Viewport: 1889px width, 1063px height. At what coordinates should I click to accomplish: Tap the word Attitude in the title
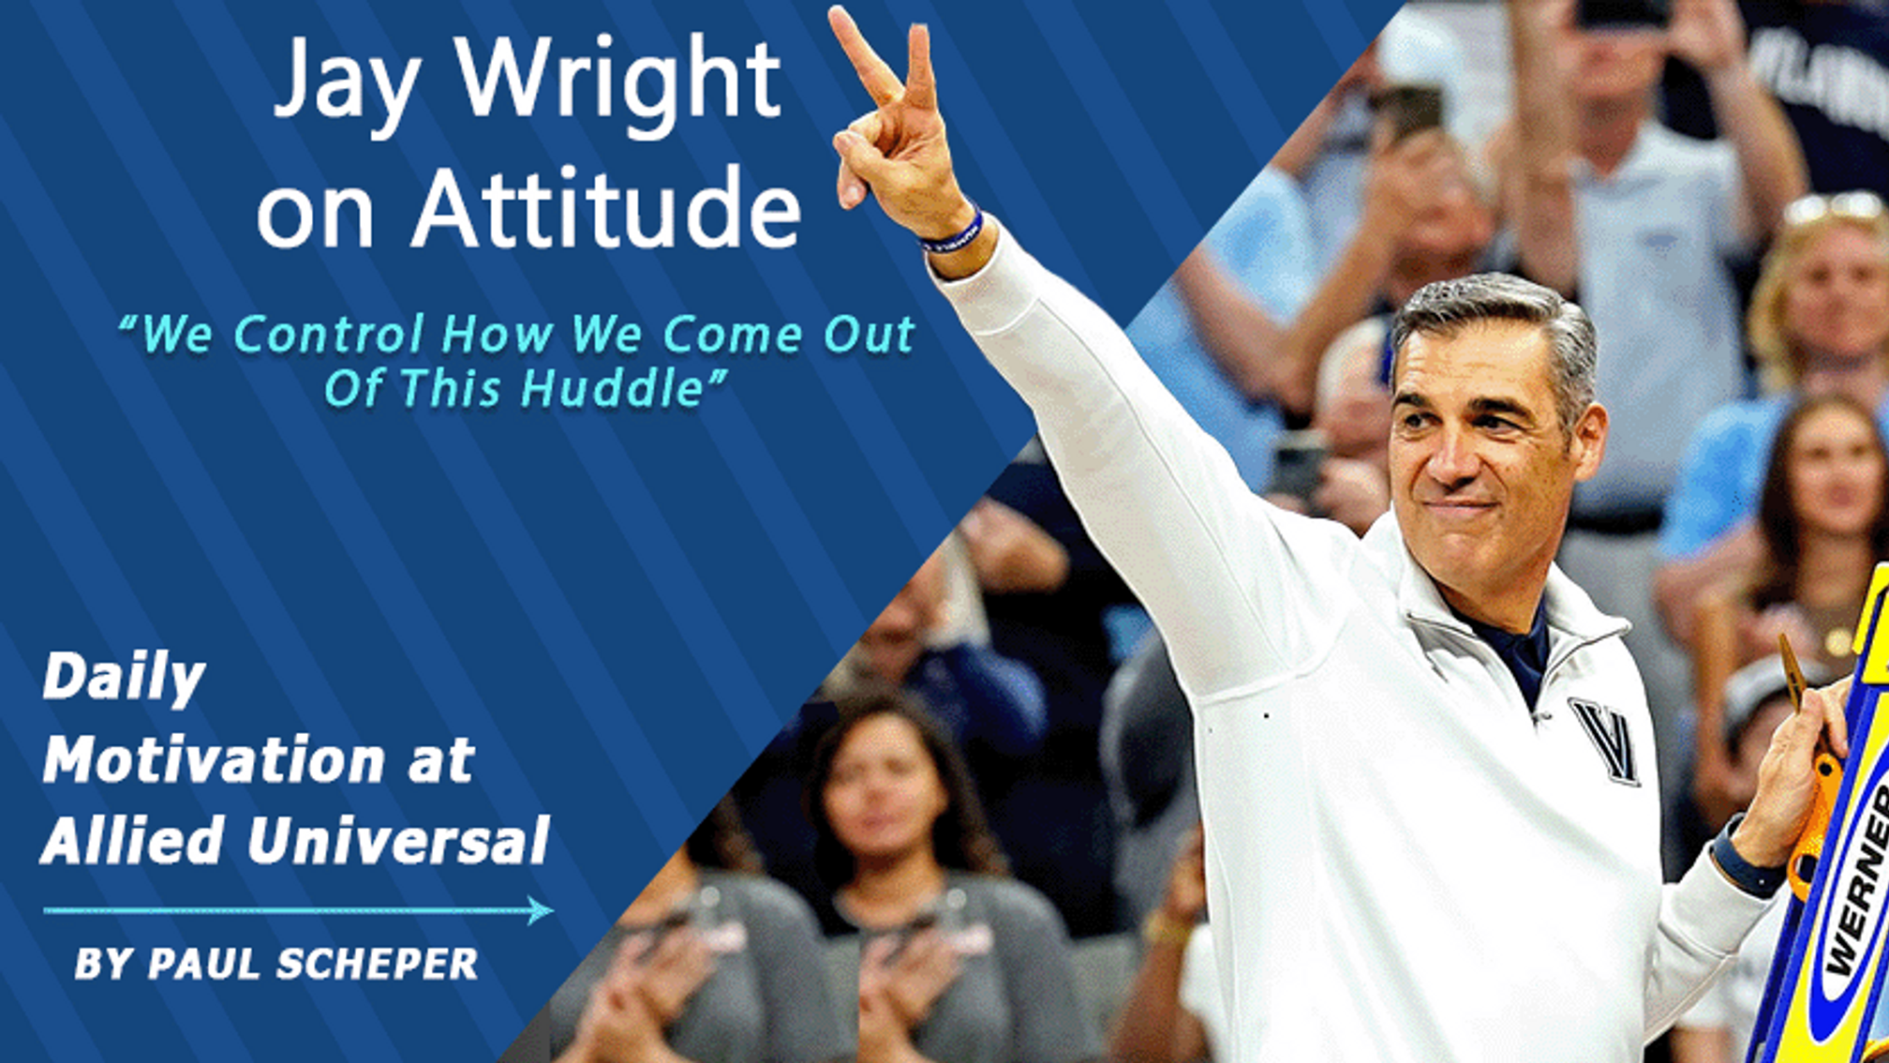point(607,208)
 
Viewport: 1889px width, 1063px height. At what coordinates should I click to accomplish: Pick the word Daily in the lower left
point(124,679)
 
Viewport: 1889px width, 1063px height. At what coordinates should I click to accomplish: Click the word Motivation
point(214,759)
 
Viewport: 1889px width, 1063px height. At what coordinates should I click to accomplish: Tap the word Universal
point(398,840)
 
